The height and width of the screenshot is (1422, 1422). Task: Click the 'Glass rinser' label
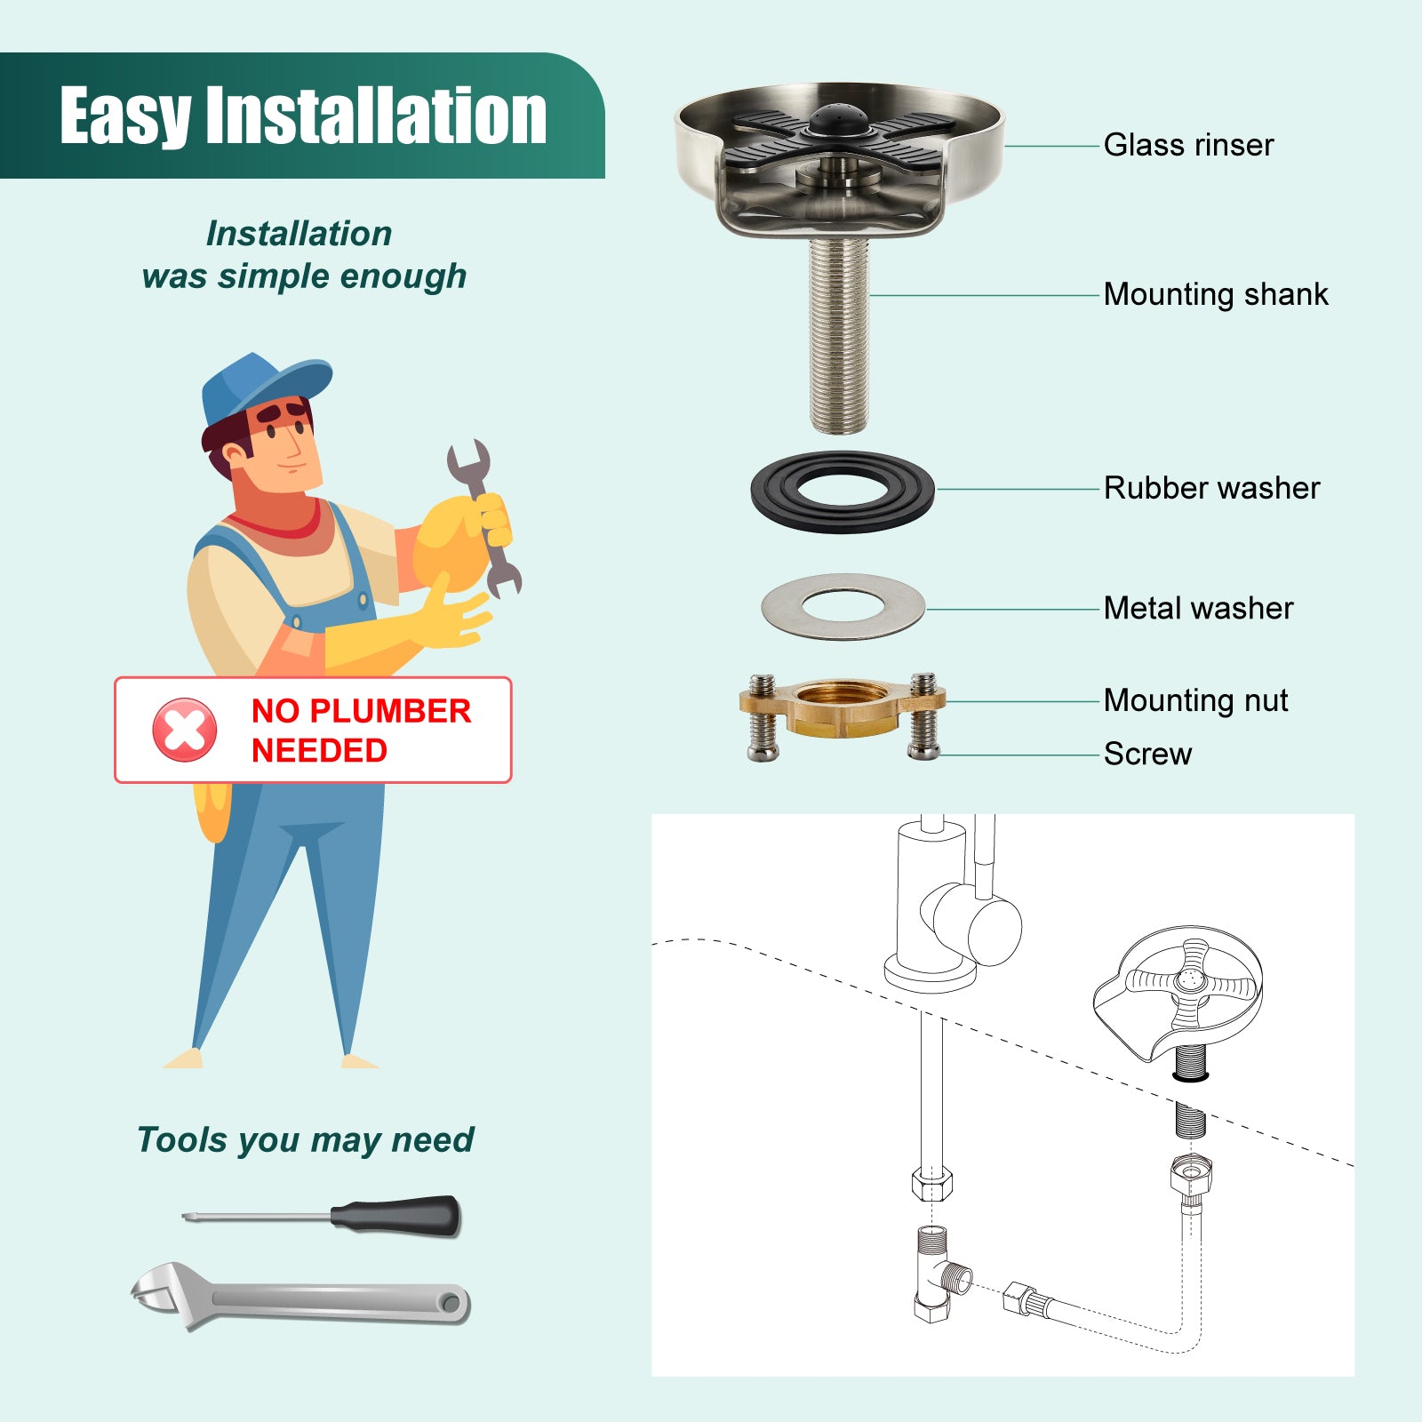click(1188, 145)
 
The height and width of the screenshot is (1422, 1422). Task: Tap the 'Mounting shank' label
click(1216, 294)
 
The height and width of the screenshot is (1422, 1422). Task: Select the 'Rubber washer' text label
click(1212, 488)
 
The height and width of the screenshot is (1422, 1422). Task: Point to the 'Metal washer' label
click(1198, 609)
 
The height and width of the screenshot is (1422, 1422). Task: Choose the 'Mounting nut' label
click(1195, 700)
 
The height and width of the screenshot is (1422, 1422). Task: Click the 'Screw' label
click(1147, 754)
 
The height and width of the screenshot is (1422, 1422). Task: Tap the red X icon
click(185, 730)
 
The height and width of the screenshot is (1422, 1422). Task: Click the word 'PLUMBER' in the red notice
click(390, 711)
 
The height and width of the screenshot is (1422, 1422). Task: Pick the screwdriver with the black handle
click(322, 1215)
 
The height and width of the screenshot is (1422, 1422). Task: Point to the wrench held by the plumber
click(483, 518)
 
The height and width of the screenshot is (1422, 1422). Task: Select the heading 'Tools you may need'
click(306, 1139)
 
